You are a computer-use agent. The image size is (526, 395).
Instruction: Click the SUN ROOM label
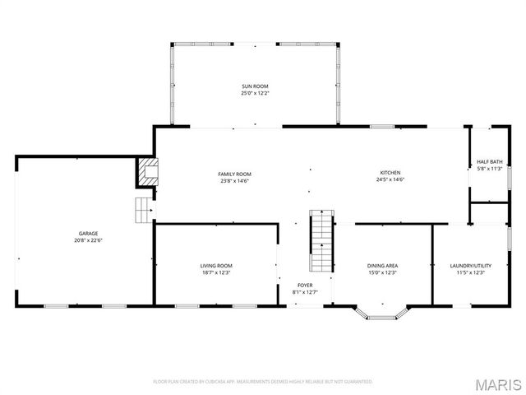[255, 86]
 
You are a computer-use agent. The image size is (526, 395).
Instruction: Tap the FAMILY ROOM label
[234, 174]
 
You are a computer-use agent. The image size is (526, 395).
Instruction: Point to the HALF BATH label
[489, 161]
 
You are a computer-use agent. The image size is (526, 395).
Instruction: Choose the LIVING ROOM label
[216, 266]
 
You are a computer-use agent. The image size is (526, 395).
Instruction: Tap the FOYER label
[304, 285]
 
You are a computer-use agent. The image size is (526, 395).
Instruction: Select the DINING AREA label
[382, 266]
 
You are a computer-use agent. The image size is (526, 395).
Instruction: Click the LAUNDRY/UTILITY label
[471, 266]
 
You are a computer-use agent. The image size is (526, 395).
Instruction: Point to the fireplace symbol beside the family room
[148, 171]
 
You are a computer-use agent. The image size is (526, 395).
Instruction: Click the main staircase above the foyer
[321, 242]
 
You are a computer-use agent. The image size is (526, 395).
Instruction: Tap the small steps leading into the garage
[145, 211]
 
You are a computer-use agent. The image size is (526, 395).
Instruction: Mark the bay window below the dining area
[381, 314]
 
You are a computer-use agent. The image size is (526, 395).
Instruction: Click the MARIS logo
[496, 383]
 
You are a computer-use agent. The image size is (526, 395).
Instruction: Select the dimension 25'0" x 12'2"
[255, 93]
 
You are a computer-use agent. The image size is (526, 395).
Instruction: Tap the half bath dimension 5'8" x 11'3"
[489, 169]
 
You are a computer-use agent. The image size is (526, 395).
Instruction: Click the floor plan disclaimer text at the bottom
[263, 382]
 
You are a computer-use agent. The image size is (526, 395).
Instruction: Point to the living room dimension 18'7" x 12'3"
[216, 272]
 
